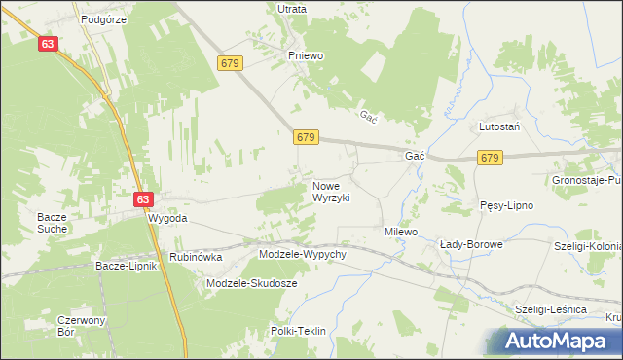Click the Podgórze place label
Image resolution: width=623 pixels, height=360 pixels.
[105, 18]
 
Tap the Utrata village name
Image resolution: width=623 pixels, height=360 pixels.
[291, 9]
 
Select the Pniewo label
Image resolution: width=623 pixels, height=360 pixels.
[305, 55]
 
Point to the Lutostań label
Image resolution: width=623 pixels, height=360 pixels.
[498, 127]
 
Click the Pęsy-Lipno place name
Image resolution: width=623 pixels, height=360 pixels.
[505, 206]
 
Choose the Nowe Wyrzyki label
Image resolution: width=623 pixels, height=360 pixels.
[331, 191]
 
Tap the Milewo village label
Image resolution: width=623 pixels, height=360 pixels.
[400, 233]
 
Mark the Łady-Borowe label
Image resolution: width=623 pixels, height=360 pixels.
[471, 244]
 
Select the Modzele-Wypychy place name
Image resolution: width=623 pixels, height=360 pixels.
[303, 254]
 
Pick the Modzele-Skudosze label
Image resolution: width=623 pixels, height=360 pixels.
[252, 283]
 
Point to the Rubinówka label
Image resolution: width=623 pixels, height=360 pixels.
[197, 257]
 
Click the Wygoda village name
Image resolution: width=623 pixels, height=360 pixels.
[166, 219]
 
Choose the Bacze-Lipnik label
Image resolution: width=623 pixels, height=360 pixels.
[127, 265]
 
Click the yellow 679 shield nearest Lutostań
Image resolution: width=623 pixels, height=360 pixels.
[490, 158]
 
